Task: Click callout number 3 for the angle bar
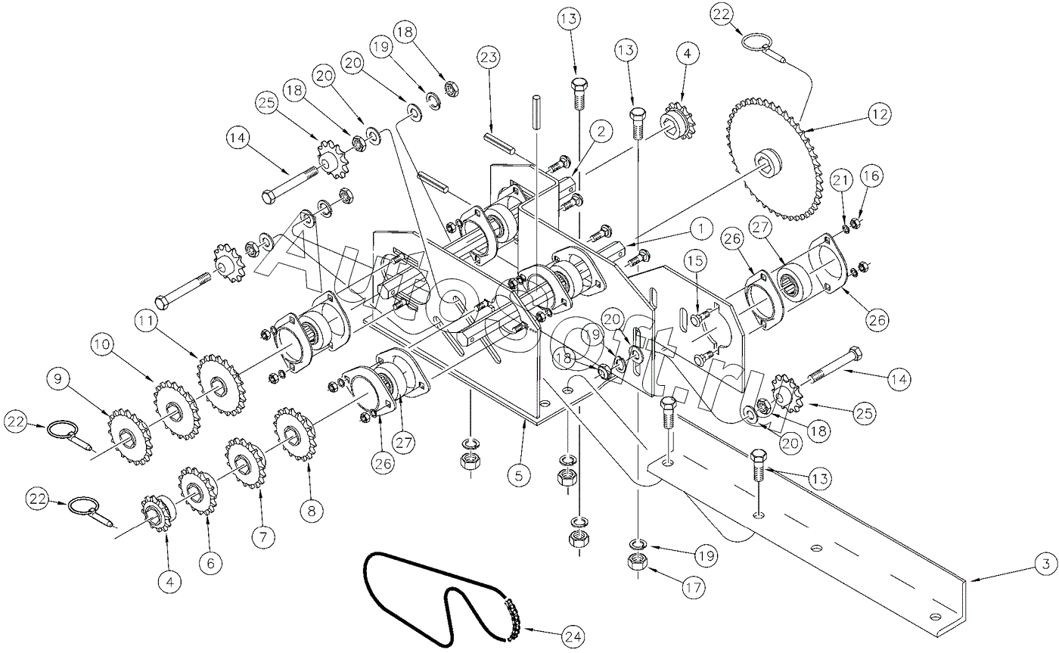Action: click(1043, 564)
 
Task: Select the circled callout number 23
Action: click(488, 58)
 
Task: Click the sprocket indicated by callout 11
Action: click(219, 378)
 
